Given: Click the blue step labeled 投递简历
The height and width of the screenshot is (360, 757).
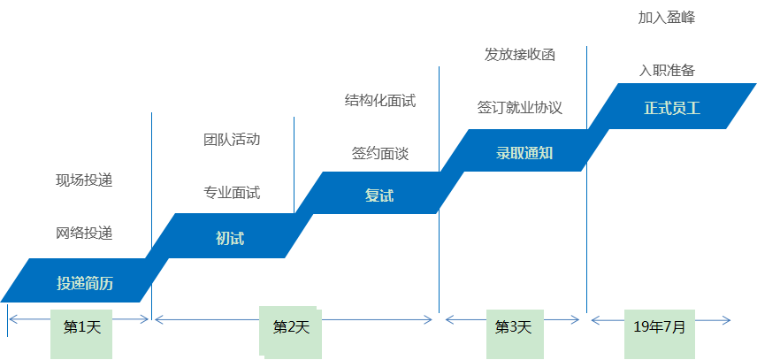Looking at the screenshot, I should (x=85, y=282).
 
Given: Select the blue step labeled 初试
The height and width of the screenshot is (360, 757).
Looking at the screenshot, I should (x=229, y=237).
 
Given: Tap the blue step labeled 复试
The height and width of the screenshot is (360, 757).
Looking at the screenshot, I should (x=378, y=195).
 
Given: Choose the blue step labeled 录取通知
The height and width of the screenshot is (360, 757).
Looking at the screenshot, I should (x=524, y=151).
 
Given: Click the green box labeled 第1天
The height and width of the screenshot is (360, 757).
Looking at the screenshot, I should (x=83, y=327).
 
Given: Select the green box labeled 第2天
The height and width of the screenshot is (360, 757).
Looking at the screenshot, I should (x=291, y=328).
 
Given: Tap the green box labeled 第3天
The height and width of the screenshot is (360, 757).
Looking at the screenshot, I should (x=513, y=327).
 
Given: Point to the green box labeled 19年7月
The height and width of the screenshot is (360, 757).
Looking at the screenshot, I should (x=659, y=326).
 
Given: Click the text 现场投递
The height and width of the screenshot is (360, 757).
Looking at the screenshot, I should (x=84, y=180).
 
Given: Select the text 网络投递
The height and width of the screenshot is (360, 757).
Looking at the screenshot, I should (x=84, y=234).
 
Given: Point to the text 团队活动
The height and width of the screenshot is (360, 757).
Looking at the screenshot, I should (x=231, y=139).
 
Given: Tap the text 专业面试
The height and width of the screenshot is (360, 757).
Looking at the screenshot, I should (x=232, y=192).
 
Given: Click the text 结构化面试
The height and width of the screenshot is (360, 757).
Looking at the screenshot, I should (x=379, y=100).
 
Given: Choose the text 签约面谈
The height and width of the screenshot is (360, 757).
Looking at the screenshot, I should (x=379, y=153).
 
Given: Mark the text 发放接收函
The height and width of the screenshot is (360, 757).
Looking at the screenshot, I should (x=520, y=55).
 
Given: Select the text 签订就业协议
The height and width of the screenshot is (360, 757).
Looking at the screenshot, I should (x=520, y=108).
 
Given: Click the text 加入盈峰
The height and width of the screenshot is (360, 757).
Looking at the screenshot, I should (x=666, y=17).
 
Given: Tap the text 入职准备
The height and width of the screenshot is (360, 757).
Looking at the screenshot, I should (x=666, y=70).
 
